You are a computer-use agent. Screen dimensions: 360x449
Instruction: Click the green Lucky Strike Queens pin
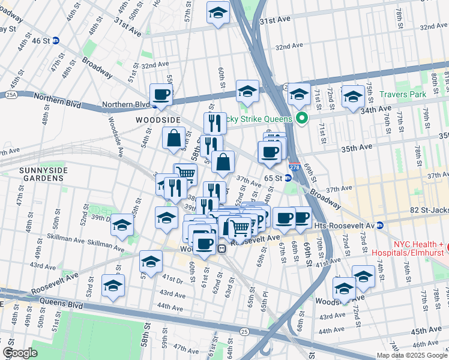click(x=302, y=118)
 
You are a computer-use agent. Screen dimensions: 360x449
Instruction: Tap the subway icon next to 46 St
click(x=55, y=41)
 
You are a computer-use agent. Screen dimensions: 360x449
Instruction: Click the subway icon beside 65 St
click(x=288, y=178)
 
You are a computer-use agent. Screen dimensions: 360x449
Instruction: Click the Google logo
click(x=20, y=353)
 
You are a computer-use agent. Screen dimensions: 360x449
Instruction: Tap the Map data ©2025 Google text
click(x=412, y=355)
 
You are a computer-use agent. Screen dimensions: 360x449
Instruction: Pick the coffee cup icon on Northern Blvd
click(x=161, y=95)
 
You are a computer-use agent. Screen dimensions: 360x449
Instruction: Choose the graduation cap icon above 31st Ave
click(x=218, y=13)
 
